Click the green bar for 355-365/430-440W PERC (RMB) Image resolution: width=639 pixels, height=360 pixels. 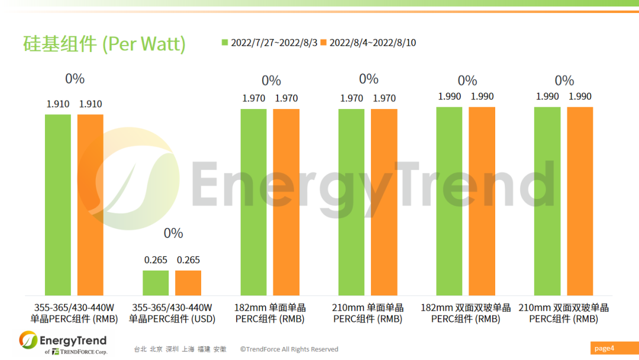pos(58,204)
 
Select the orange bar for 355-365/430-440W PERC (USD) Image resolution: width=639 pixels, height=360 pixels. pos(188,283)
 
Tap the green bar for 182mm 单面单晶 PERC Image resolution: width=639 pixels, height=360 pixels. pos(254,202)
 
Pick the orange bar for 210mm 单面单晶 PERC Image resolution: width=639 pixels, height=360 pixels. pos(384,202)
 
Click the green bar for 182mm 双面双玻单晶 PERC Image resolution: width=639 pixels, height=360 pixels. pos(449,201)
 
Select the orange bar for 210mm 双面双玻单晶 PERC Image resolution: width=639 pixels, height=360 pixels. pos(580,201)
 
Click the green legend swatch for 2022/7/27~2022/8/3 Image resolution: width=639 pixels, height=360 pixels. pos(225,43)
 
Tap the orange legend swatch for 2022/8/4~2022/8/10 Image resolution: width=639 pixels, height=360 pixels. pos(323,43)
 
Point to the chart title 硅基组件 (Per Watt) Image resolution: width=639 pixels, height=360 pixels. pos(104,44)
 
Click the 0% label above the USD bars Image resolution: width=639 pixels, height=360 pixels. pos(173,233)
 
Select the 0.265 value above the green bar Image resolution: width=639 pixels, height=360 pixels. pos(156,260)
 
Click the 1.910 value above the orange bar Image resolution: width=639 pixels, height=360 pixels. pos(91,104)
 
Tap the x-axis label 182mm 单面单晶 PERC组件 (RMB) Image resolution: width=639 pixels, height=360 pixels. pos(270,313)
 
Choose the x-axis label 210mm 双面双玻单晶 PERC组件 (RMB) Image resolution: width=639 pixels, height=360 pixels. pos(563,313)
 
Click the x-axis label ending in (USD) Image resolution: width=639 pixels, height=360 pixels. pos(172,313)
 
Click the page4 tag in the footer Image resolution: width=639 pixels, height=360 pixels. pos(605,348)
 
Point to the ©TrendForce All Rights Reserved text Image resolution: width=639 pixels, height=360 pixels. pos(289,349)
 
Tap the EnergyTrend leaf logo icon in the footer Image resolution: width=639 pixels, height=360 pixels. pos(28,340)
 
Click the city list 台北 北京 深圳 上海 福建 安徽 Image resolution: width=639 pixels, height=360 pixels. pos(180,349)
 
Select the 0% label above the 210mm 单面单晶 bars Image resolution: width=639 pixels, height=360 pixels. pos(369,79)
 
